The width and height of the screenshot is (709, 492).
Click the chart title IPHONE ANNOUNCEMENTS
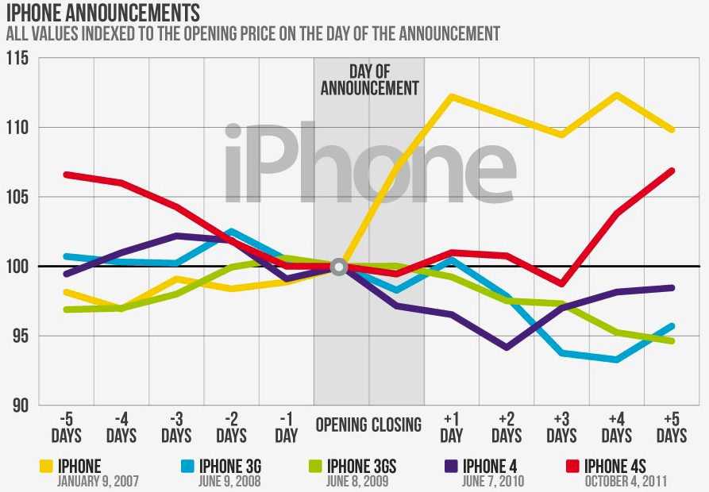click(102, 13)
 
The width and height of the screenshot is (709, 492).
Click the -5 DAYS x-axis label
click(67, 427)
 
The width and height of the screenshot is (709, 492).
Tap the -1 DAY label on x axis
click(286, 427)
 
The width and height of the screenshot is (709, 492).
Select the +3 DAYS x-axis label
click(561, 427)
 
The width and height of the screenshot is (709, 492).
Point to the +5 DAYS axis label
click(672, 427)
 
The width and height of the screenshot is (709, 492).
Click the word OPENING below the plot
click(341, 425)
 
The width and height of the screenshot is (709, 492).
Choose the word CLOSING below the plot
click(395, 425)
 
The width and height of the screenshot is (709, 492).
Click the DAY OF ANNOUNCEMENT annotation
click(369, 79)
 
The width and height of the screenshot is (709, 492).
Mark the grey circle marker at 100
click(339, 267)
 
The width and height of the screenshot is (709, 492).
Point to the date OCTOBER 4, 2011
click(626, 480)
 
